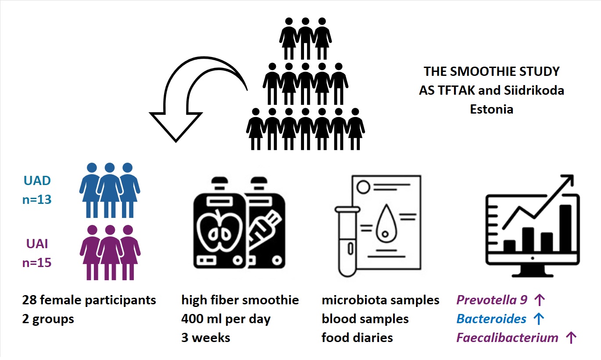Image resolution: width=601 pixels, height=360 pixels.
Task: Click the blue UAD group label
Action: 37,181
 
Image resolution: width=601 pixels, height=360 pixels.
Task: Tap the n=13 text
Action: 37,200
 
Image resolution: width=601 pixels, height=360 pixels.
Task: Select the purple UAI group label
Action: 37,244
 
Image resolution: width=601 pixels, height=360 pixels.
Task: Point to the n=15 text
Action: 37,263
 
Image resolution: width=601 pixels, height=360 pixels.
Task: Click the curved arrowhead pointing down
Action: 175,125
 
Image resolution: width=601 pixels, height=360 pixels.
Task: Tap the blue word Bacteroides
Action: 491,319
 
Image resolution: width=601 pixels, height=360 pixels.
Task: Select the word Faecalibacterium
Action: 507,338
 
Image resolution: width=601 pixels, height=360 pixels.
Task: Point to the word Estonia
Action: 491,109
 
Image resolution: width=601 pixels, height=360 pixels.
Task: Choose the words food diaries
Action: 357,338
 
